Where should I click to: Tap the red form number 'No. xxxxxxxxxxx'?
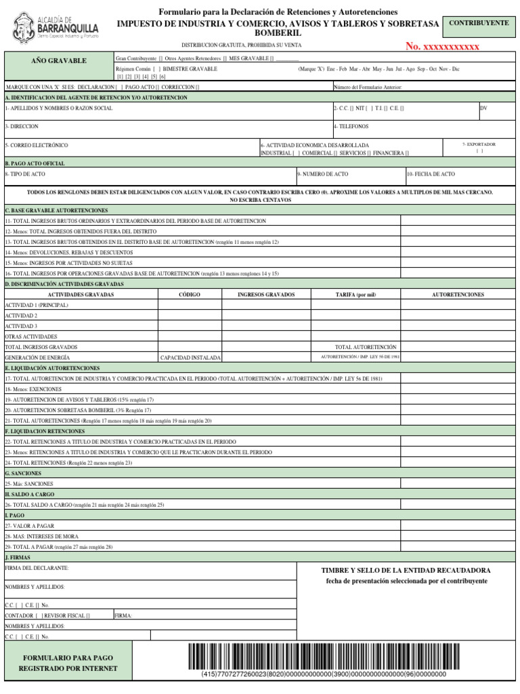pyautogui.click(x=442, y=46)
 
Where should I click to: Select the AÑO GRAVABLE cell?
pyautogui.click(x=59, y=61)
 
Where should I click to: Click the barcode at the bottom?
pyautogui.click(x=324, y=656)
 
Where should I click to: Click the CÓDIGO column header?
pyautogui.click(x=189, y=295)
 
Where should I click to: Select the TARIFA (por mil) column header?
pyautogui.click(x=355, y=295)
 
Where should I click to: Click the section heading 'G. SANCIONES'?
pyautogui.click(x=24, y=473)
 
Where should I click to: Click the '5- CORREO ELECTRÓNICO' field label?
pyautogui.click(x=37, y=145)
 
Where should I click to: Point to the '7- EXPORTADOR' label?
pyautogui.click(x=479, y=144)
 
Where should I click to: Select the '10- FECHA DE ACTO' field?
pyautogui.click(x=431, y=174)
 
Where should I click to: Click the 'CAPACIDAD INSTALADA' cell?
pyautogui.click(x=190, y=357)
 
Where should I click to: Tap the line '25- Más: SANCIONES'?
pyautogui.click(x=29, y=484)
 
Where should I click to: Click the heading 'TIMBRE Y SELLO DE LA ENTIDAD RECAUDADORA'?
pyautogui.click(x=406, y=571)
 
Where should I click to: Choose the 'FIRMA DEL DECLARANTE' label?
pyautogui.click(x=37, y=568)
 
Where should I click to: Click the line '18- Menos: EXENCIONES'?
pyautogui.click(x=33, y=389)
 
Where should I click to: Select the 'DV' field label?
pyautogui.click(x=483, y=108)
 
